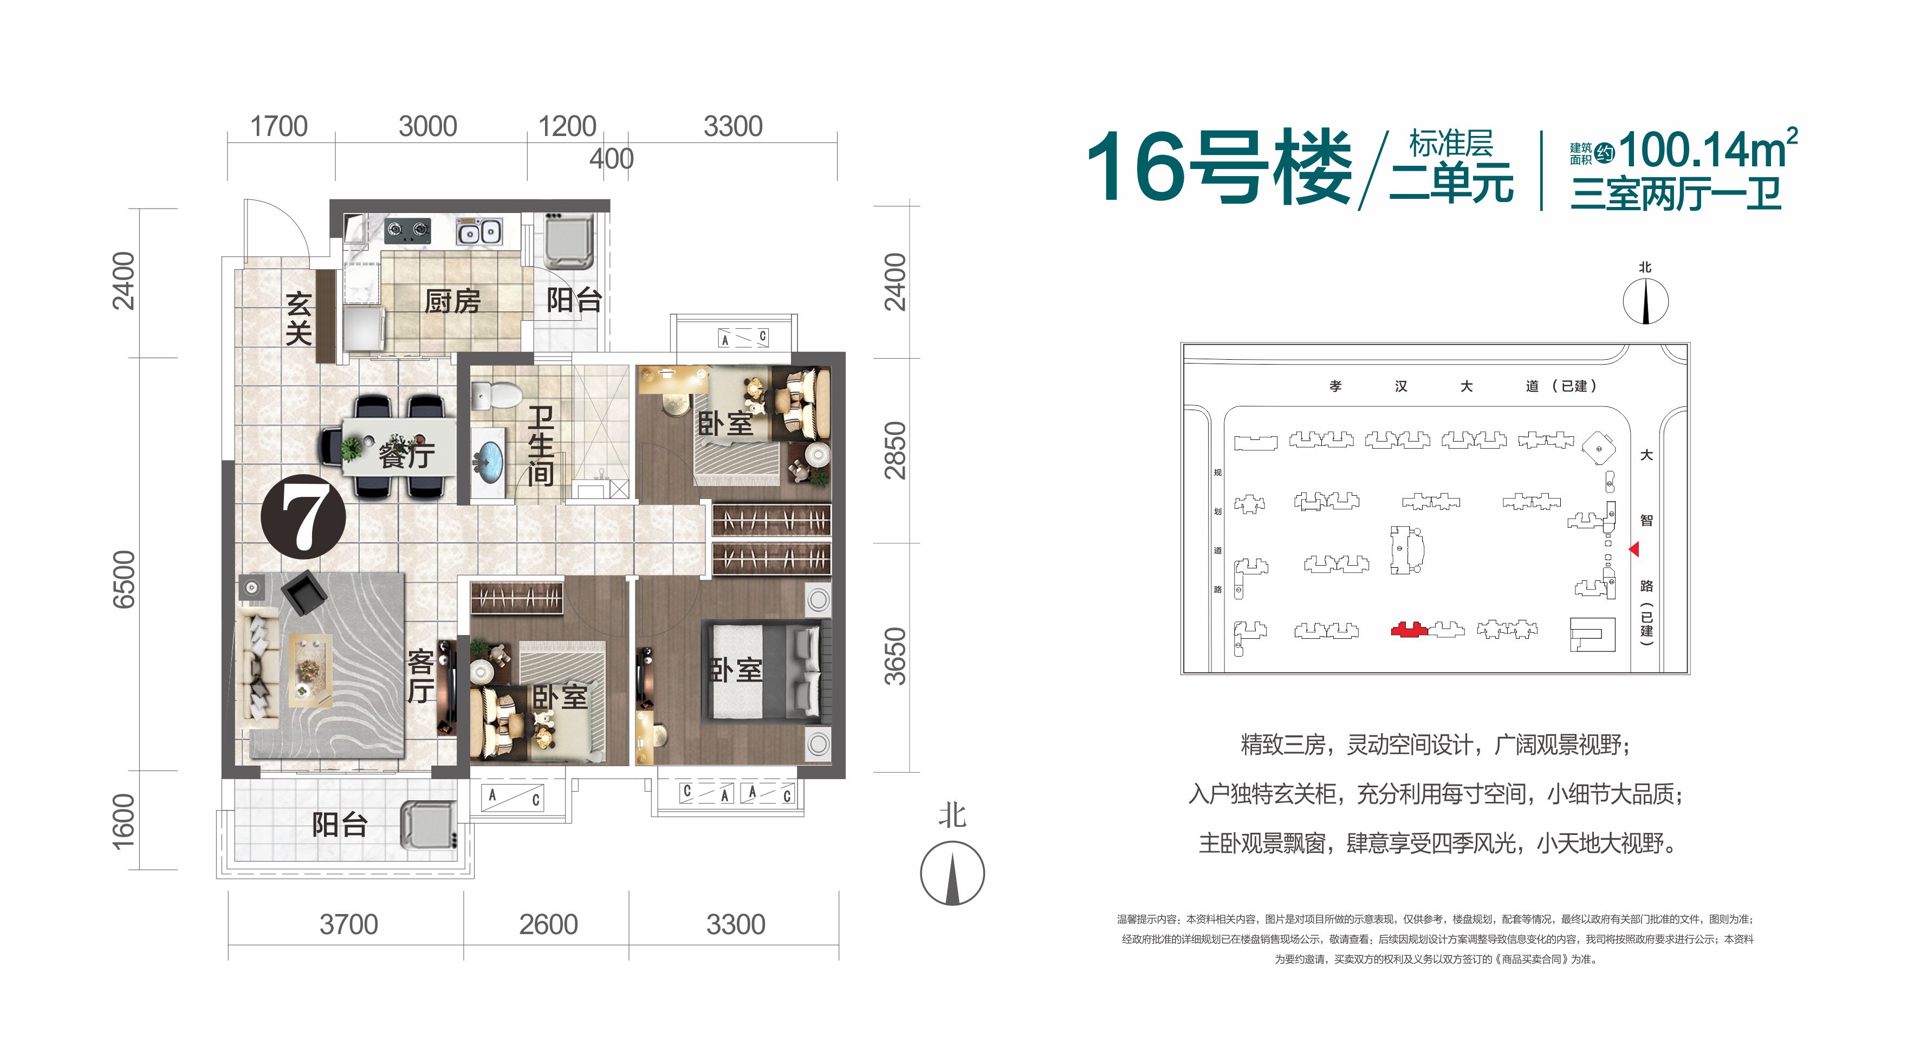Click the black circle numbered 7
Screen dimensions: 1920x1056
click(303, 516)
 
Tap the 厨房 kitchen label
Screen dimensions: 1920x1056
click(452, 301)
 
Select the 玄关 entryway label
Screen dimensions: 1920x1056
click(298, 318)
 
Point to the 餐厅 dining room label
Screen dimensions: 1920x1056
click(407, 455)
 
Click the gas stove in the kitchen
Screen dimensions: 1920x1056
click(408, 230)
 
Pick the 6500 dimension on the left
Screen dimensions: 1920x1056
click(124, 579)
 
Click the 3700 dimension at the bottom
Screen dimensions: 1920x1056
click(349, 924)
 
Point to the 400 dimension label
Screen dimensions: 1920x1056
click(611, 159)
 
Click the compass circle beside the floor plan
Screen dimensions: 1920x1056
click(952, 873)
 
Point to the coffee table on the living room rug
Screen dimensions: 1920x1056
click(310, 669)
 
